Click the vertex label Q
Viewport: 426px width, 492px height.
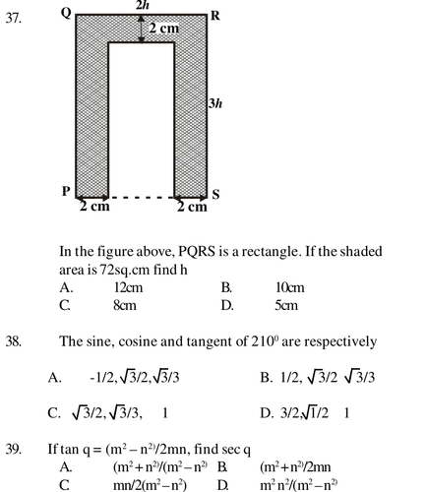tap(66, 14)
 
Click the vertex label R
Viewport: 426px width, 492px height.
tap(215, 16)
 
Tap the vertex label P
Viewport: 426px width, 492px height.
tap(66, 191)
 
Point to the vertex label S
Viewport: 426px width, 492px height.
tap(215, 195)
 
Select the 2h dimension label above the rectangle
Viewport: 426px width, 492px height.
tap(143, 5)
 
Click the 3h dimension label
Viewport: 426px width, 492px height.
tap(215, 103)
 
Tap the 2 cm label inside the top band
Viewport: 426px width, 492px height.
tap(164, 29)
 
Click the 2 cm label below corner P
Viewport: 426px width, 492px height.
tap(94, 207)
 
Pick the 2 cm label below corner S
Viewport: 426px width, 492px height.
tap(192, 207)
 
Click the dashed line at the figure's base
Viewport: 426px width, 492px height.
tap(141, 198)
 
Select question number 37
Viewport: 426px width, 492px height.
tap(14, 19)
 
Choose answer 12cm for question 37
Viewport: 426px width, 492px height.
tap(128, 287)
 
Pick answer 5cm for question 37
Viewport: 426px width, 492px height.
tap(286, 306)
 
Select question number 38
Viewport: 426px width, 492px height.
tap(14, 341)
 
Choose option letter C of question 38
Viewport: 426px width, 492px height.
tap(53, 413)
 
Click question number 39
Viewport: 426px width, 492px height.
tap(14, 449)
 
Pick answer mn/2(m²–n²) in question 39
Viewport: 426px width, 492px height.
tap(150, 485)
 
